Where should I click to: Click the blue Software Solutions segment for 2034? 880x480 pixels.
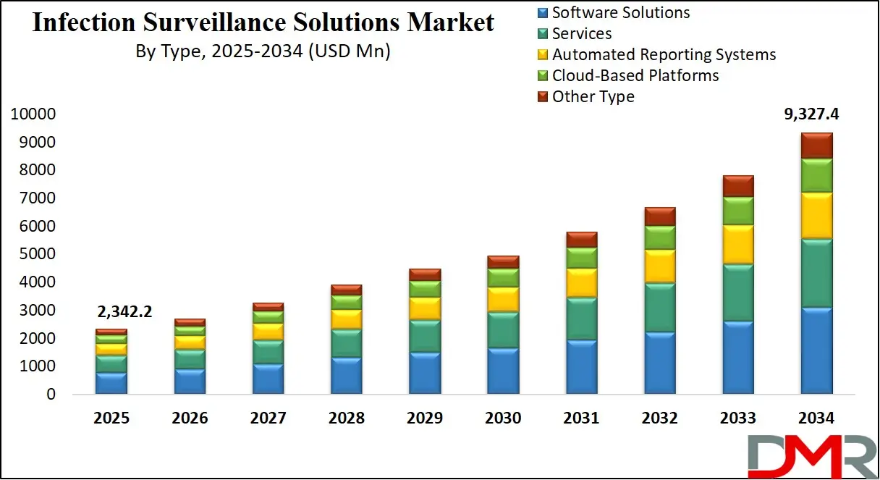point(816,350)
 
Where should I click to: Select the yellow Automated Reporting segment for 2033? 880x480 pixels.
point(738,244)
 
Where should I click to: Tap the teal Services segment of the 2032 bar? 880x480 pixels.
point(659,307)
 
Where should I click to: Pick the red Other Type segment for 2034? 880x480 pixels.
point(816,146)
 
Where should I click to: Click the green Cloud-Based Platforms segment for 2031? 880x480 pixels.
point(581,258)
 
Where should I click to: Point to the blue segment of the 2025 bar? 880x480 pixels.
point(111,383)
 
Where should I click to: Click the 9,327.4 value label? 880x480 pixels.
point(814,114)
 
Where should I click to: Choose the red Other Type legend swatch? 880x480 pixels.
point(542,96)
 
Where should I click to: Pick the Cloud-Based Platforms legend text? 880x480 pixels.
point(635,75)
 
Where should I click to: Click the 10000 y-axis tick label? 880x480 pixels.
point(33,114)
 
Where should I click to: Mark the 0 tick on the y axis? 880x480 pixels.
point(51,395)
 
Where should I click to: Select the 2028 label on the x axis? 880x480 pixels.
point(346,418)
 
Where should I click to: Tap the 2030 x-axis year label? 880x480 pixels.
point(503,418)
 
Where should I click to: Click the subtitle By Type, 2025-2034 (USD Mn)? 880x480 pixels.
point(263,51)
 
